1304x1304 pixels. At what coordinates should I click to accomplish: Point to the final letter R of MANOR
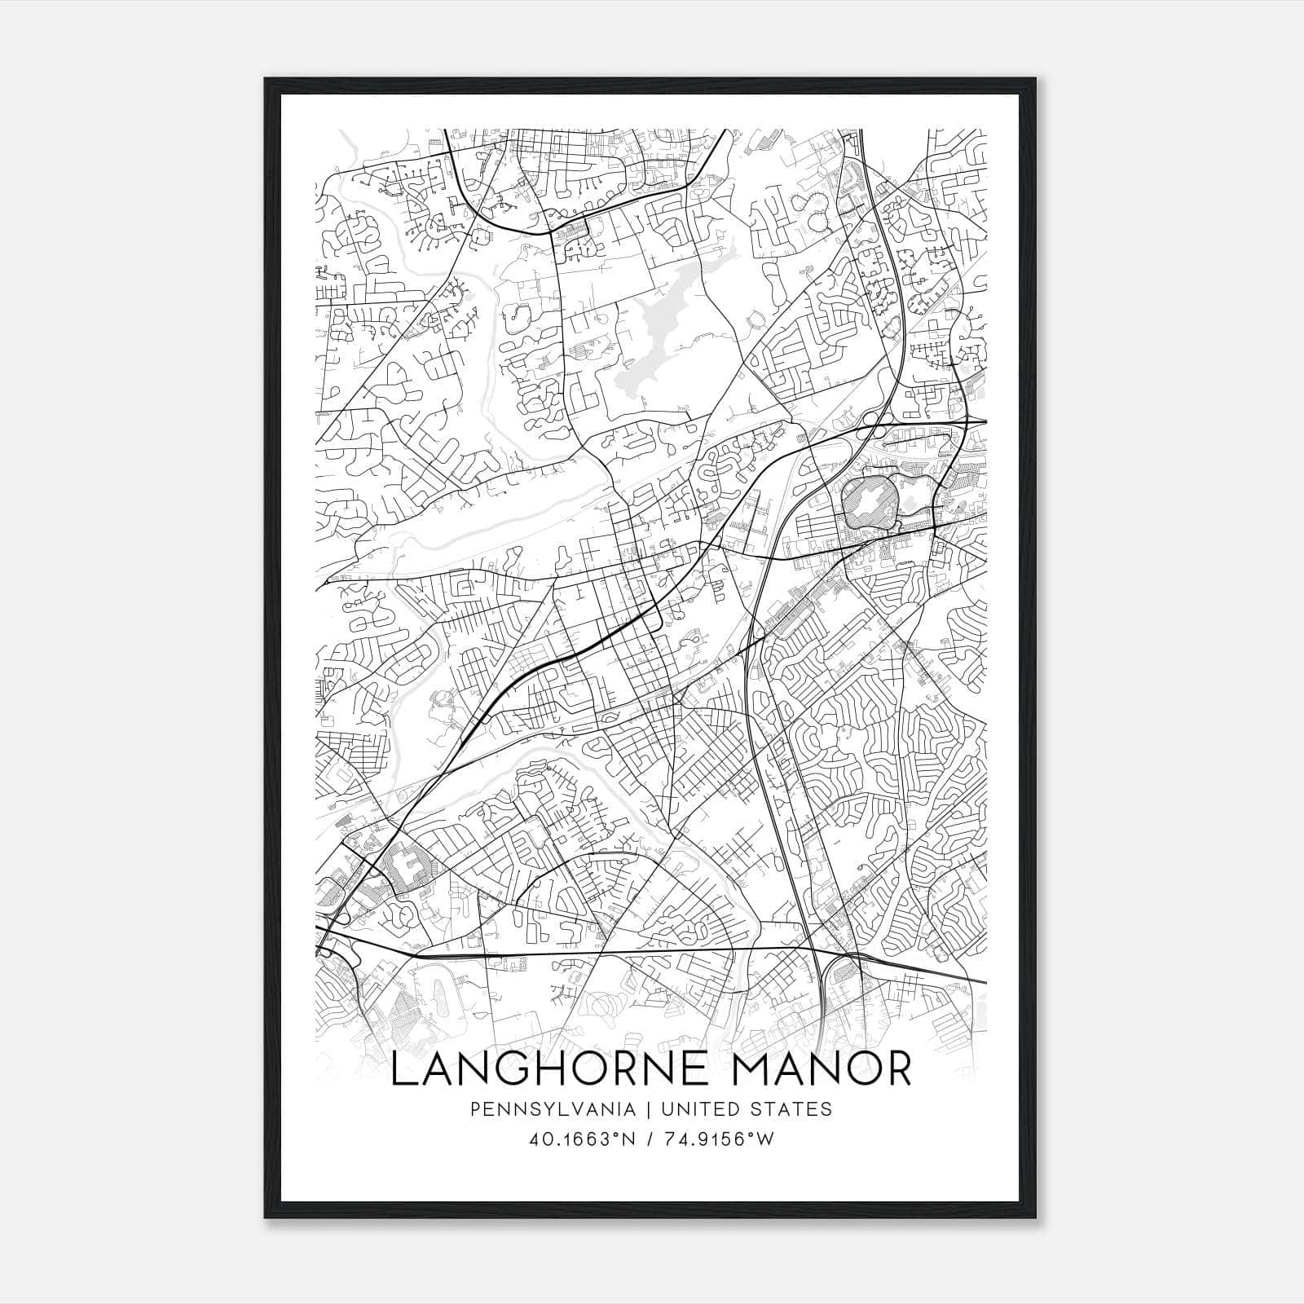point(899,1069)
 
